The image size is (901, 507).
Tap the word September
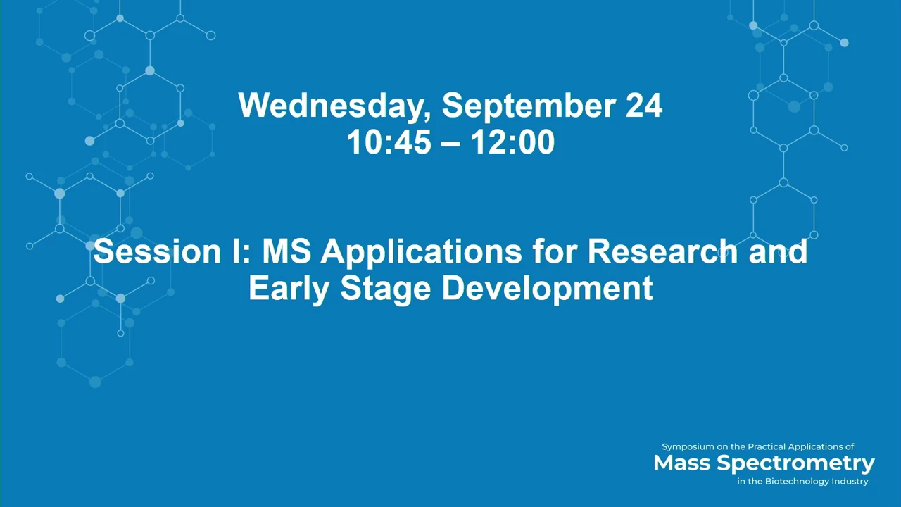tap(529, 106)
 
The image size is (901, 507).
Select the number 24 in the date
tap(644, 105)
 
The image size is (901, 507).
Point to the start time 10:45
tap(389, 142)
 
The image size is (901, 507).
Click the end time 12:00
tap(513, 142)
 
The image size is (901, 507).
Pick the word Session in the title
tap(157, 251)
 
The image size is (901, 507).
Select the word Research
tap(663, 251)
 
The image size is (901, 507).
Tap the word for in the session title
tap(555, 251)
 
